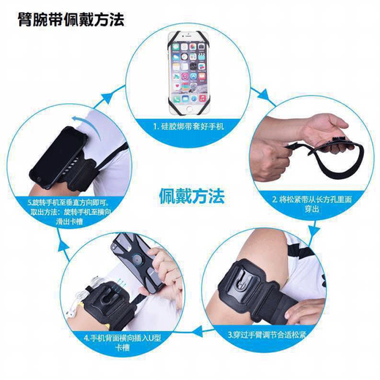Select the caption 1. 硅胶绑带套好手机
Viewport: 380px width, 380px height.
[x=191, y=126]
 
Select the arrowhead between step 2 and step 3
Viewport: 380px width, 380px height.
[x=314, y=235]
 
